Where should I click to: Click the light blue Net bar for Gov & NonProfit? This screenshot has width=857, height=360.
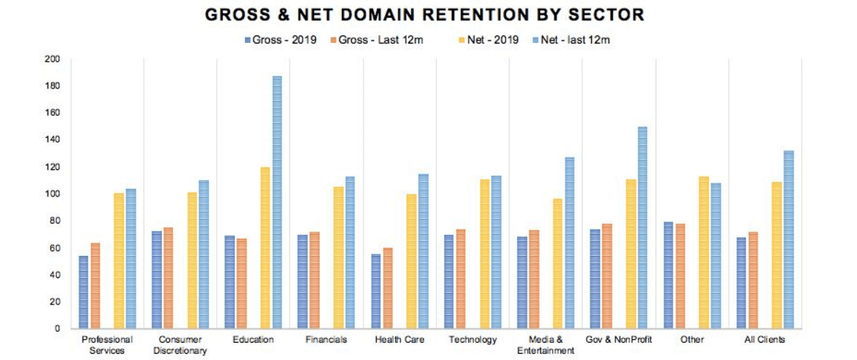[x=642, y=228]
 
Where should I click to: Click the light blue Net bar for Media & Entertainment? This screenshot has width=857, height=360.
[x=569, y=243]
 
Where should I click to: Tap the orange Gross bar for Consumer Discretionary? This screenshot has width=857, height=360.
[x=168, y=278]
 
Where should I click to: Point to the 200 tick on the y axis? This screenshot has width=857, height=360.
[x=52, y=59]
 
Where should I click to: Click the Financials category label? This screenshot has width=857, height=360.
[x=326, y=340]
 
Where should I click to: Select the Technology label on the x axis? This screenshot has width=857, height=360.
[x=472, y=340]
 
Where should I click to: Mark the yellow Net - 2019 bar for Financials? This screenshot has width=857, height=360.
[x=338, y=257]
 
